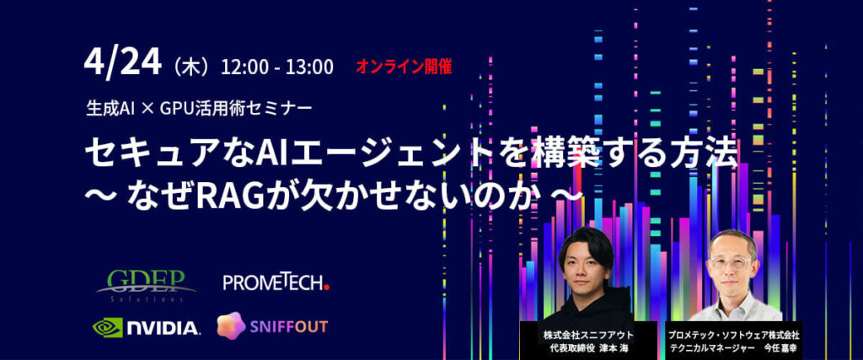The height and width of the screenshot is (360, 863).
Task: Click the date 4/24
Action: (123, 63)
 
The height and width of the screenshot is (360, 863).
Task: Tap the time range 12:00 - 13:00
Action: (276, 67)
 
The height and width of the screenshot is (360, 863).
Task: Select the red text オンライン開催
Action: (404, 67)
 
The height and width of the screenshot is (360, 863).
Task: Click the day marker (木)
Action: (191, 67)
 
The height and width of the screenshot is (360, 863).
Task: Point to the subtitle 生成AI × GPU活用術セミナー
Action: (199, 106)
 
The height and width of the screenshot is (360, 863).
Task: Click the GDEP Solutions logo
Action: (147, 286)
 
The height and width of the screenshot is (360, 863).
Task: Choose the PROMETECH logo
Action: (276, 282)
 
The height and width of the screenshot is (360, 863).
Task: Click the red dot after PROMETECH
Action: (326, 287)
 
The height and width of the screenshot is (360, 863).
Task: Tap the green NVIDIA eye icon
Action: (108, 327)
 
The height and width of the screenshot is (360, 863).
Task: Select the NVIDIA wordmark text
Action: (163, 328)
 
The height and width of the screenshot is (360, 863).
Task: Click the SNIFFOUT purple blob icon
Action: (231, 325)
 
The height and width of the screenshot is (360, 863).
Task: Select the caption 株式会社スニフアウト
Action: (588, 335)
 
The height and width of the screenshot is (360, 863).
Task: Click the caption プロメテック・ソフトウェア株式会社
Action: (734, 335)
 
